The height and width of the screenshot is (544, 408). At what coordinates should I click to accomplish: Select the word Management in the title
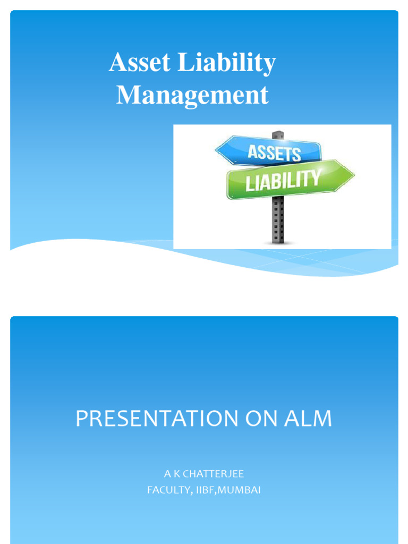click(x=192, y=96)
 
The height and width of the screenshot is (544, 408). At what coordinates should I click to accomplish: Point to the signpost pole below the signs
click(x=278, y=220)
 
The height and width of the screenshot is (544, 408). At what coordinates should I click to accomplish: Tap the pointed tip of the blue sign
click(x=216, y=151)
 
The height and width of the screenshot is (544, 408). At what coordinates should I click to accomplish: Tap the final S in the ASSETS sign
click(x=295, y=155)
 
